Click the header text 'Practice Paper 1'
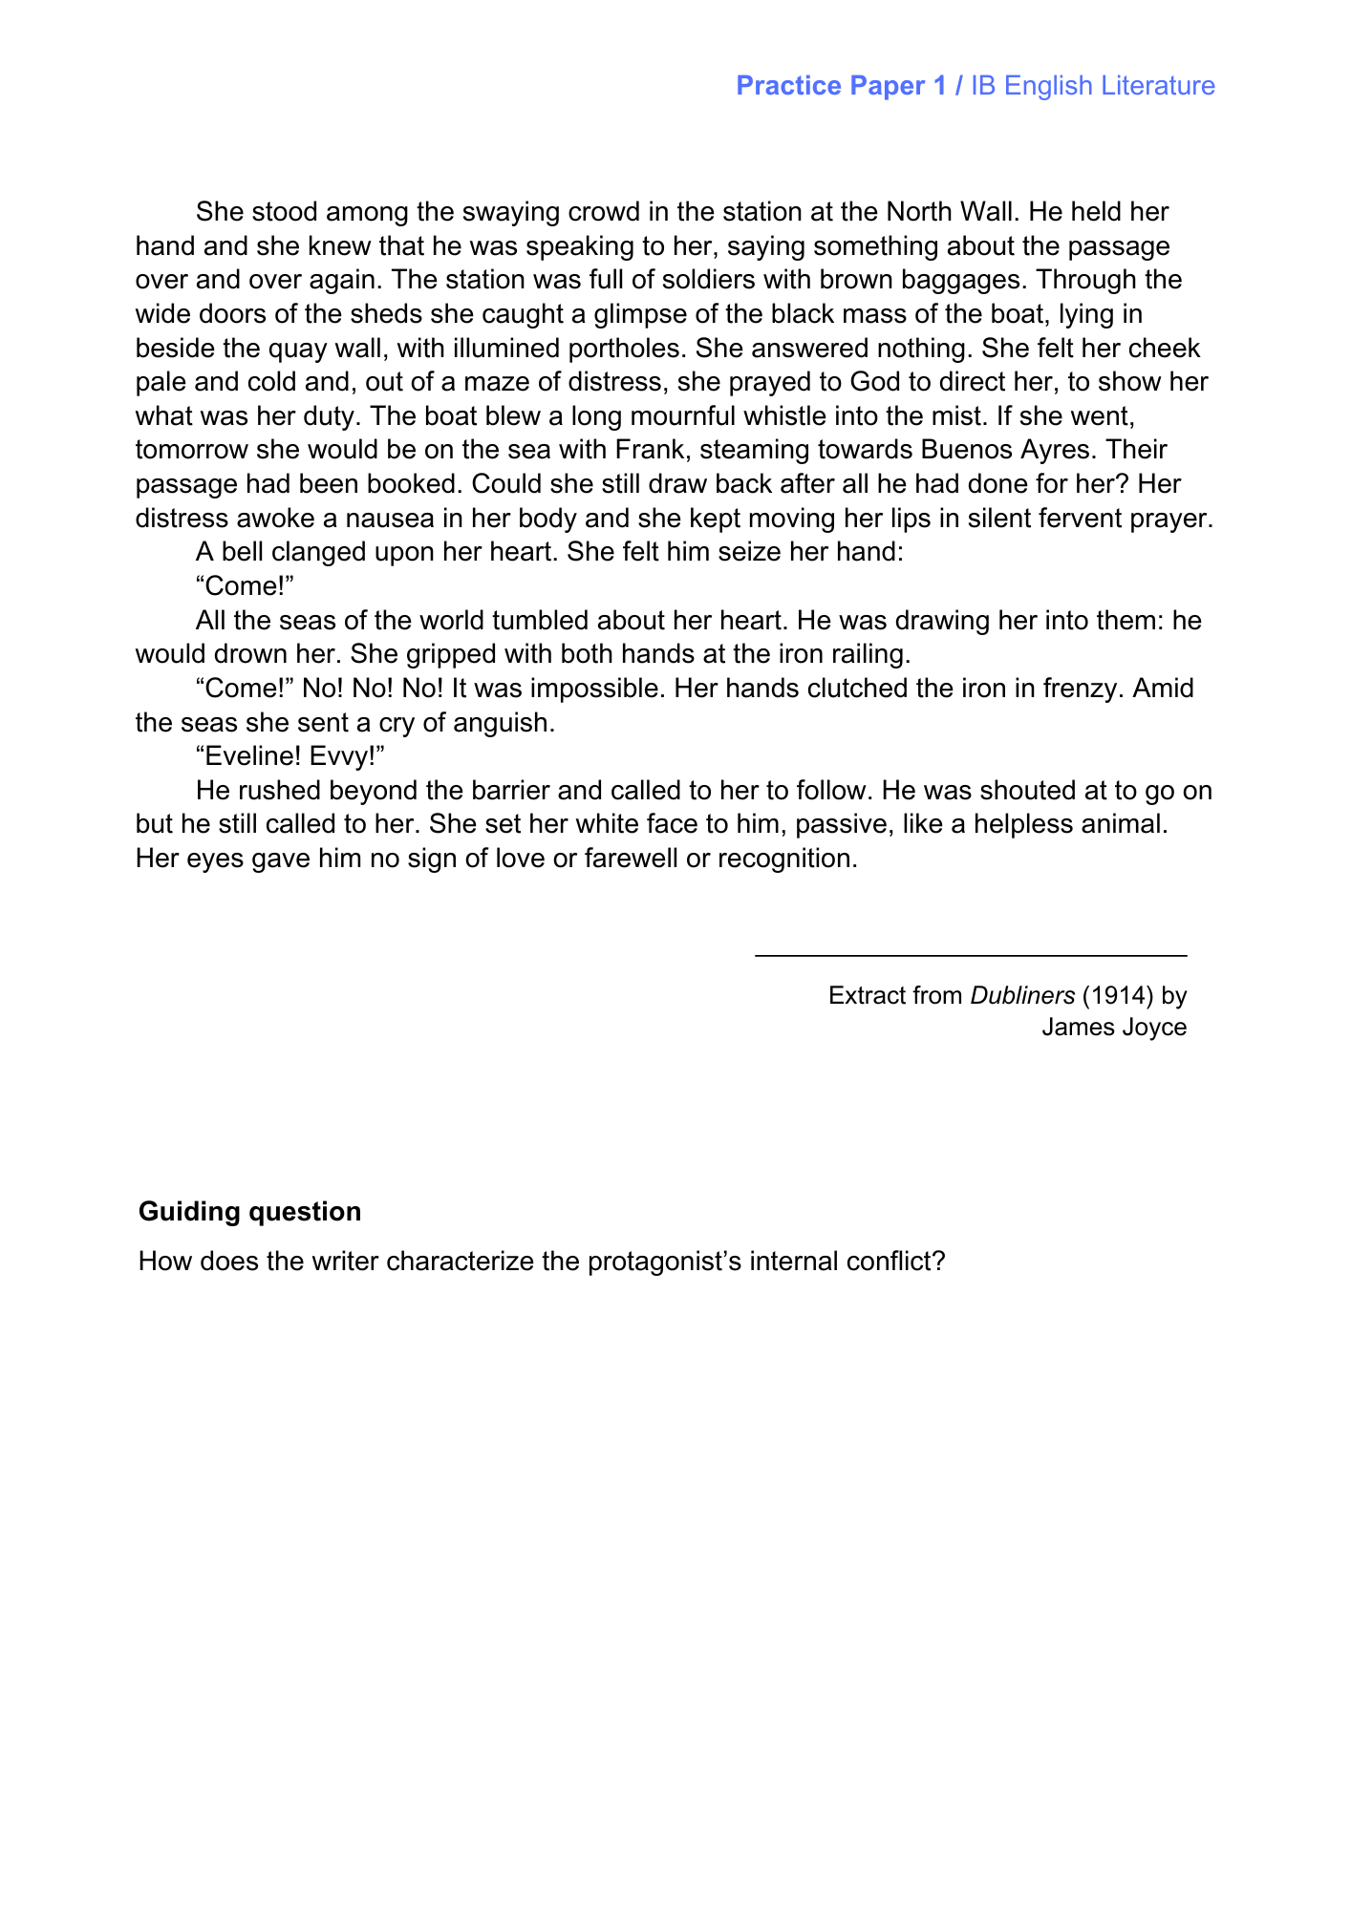coord(841,86)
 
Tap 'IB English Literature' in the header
coord(1093,86)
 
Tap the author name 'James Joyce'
coord(1114,1027)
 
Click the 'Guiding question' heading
coord(250,1211)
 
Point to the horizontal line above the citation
coord(971,955)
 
